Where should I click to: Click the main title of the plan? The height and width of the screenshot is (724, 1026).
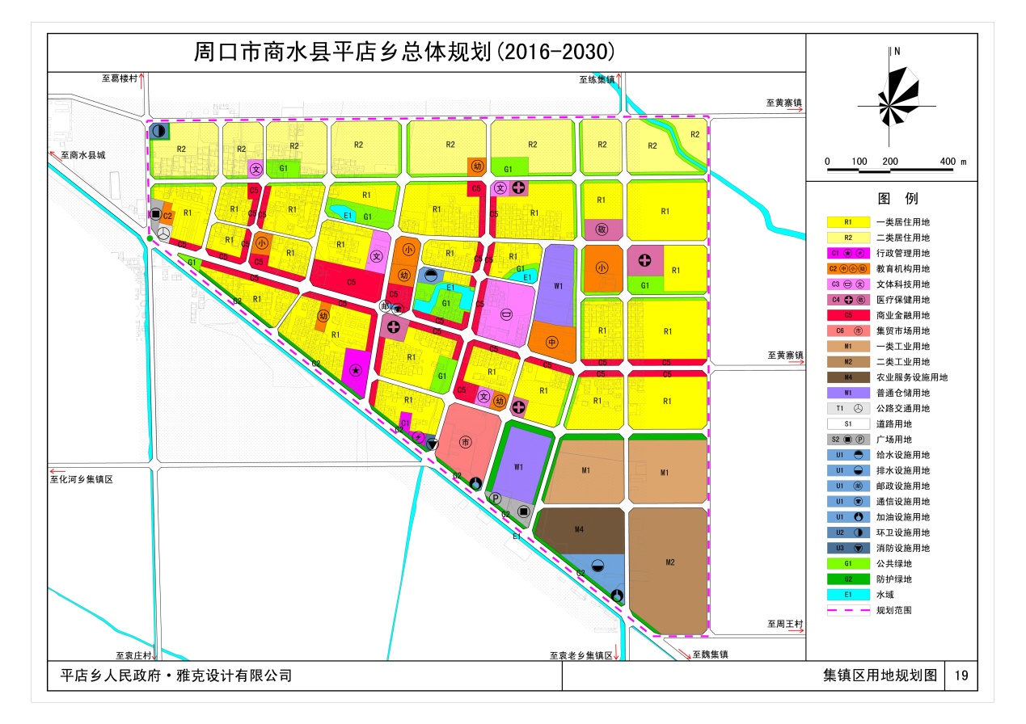pyautogui.click(x=404, y=53)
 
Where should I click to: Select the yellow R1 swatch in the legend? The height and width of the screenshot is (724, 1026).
pyautogui.click(x=848, y=222)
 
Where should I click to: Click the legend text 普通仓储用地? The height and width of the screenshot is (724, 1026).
pyautogui.click(x=902, y=394)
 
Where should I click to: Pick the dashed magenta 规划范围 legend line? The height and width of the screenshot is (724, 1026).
pyautogui.click(x=848, y=611)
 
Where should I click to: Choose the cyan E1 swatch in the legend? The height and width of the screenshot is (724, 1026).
pyautogui.click(x=848, y=595)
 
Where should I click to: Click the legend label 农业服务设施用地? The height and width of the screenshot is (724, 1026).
pyautogui.click(x=911, y=377)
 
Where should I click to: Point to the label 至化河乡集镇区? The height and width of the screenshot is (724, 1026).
pyautogui.click(x=81, y=479)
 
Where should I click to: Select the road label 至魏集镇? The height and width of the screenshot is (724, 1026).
pyautogui.click(x=709, y=655)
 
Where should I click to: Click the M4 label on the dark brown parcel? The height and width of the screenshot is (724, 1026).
pyautogui.click(x=579, y=529)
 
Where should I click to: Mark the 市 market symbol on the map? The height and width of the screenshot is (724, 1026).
pyautogui.click(x=466, y=441)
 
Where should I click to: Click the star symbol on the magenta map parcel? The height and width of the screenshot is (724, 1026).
pyautogui.click(x=355, y=370)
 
